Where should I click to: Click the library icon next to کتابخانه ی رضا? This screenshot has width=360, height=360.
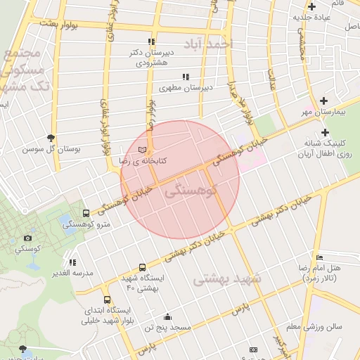(x=143, y=150)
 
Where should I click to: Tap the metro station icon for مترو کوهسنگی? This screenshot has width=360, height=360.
(x=86, y=213)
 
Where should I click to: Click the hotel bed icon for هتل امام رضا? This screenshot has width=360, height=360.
(x=320, y=257)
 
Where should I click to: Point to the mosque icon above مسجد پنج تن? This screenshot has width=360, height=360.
(x=167, y=316)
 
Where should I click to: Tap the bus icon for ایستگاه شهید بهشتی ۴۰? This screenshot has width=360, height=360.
(x=143, y=267)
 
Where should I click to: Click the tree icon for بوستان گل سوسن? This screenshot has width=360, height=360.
(x=51, y=138)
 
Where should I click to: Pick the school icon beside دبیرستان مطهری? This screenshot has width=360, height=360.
(x=185, y=77)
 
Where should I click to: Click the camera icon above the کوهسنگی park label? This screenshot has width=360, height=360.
(x=27, y=239)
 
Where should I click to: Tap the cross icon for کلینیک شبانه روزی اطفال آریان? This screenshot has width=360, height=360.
(x=324, y=131)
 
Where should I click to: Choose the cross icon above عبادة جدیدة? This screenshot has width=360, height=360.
(x=311, y=6)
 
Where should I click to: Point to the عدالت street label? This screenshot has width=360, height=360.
(x=271, y=81)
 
